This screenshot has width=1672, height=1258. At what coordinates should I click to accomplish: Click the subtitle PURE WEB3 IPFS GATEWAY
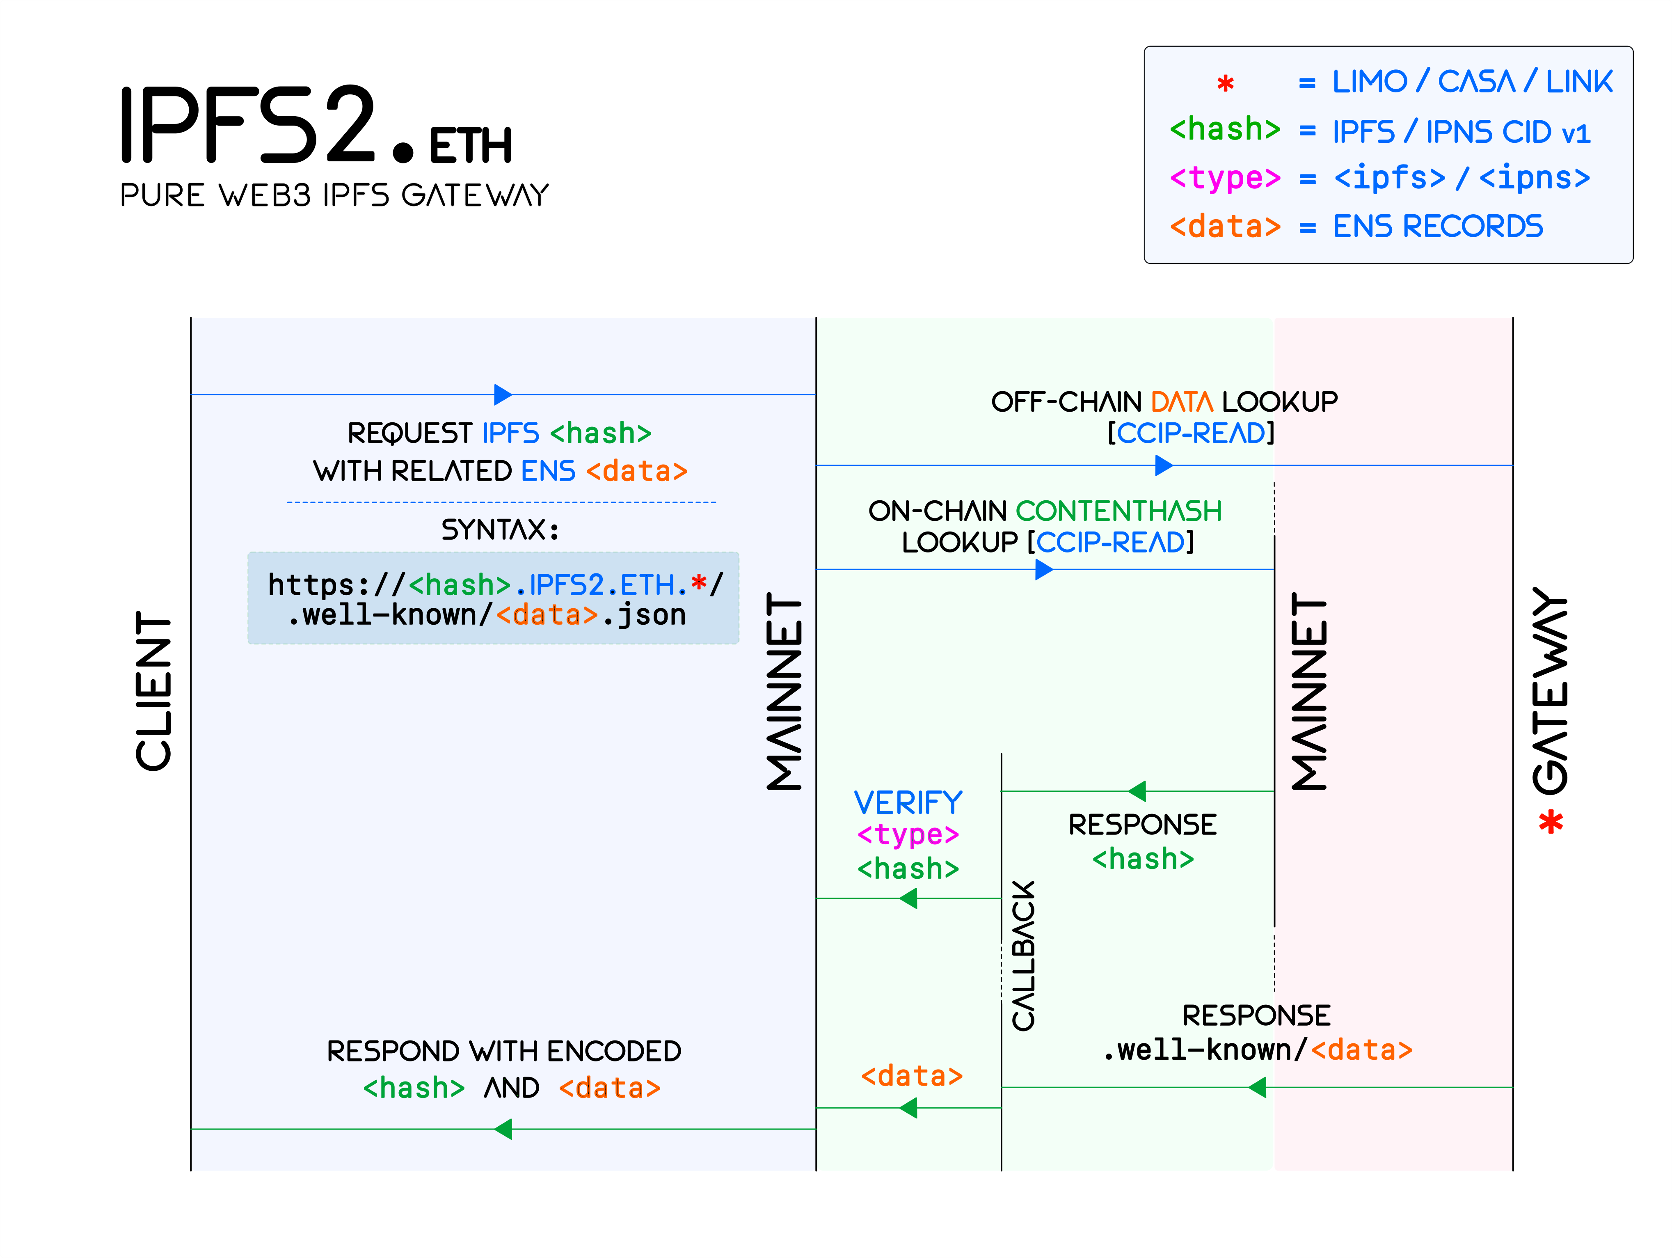point(334,196)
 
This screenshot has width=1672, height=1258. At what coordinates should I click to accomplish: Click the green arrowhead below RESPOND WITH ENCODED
point(503,1130)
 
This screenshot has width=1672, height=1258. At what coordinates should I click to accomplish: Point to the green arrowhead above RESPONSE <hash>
point(1137,792)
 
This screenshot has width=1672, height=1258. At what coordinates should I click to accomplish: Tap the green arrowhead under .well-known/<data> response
point(1257,1088)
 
